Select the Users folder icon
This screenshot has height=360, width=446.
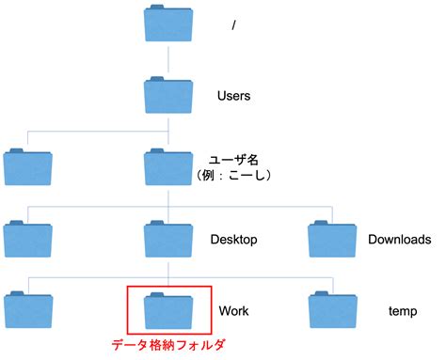pyautogui.click(x=167, y=95)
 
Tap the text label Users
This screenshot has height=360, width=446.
pyautogui.click(x=234, y=96)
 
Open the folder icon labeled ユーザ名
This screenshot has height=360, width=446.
pyautogui.click(x=167, y=167)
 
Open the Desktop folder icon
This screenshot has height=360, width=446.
pyautogui.click(x=167, y=239)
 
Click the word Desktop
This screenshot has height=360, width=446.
pyautogui.click(x=234, y=240)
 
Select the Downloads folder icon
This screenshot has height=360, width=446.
pyautogui.click(x=331, y=239)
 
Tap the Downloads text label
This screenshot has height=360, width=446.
pyautogui.click(x=400, y=240)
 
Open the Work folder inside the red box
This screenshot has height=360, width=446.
pyautogui.click(x=167, y=310)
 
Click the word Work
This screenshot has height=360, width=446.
pyautogui.click(x=233, y=310)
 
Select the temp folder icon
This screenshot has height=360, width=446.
pyautogui.click(x=331, y=310)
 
